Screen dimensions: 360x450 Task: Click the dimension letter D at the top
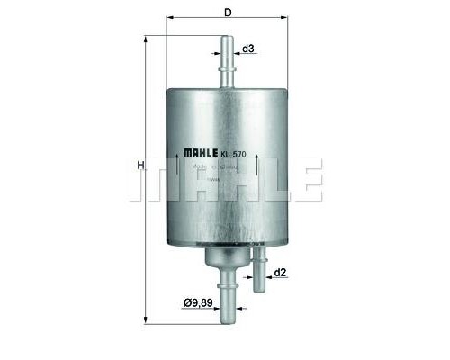(229, 13)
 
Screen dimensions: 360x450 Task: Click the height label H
(139, 166)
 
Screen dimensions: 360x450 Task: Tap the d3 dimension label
(249, 49)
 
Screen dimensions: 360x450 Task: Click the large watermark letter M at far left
(156, 180)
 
